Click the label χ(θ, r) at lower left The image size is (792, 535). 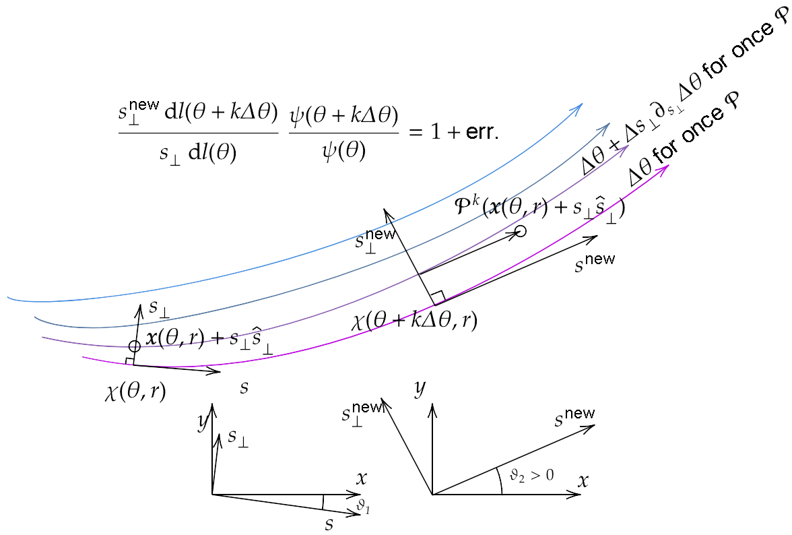pyautogui.click(x=135, y=391)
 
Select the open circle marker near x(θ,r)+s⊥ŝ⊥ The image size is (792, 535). pyautogui.click(x=135, y=346)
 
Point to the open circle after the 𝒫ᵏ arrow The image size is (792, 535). pyautogui.click(x=520, y=232)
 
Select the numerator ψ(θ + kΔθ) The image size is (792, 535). pyautogui.click(x=343, y=116)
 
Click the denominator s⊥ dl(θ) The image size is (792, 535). pyautogui.click(x=198, y=152)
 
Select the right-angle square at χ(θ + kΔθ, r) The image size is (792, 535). pyautogui.click(x=437, y=297)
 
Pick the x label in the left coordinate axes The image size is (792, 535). pyautogui.click(x=362, y=478)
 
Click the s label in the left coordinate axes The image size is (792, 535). pyautogui.click(x=329, y=524)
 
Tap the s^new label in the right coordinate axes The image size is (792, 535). pyautogui.click(x=574, y=418)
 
